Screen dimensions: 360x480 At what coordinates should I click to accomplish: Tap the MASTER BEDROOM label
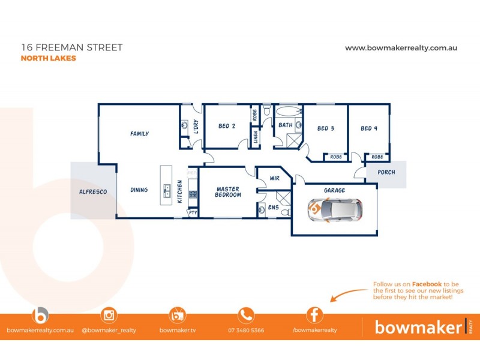click(x=228, y=192)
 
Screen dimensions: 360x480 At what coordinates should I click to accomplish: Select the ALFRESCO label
click(x=93, y=191)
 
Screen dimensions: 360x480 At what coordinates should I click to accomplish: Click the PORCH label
click(x=386, y=173)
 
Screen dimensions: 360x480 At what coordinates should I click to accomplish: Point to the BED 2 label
click(x=226, y=127)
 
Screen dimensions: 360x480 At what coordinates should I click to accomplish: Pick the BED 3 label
click(x=326, y=128)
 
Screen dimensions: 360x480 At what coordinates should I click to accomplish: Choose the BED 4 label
click(x=369, y=128)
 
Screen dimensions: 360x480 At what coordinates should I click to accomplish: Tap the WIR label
click(x=275, y=178)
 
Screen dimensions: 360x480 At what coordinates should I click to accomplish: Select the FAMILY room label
click(x=139, y=134)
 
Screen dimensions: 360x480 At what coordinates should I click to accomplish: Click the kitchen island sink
click(x=167, y=191)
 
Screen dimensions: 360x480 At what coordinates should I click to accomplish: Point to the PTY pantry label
click(x=193, y=212)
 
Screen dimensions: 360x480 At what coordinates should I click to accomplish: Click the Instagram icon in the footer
click(x=109, y=315)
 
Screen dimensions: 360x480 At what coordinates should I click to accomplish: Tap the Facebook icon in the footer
click(x=314, y=315)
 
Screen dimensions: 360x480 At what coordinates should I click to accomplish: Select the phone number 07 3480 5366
click(x=246, y=330)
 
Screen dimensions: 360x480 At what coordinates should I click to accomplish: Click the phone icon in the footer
click(x=246, y=315)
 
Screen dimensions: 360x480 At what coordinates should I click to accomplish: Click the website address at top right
click(x=401, y=48)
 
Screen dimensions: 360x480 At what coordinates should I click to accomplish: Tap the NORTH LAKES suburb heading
click(x=48, y=59)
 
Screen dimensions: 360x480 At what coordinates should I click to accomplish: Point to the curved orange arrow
click(x=348, y=294)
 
